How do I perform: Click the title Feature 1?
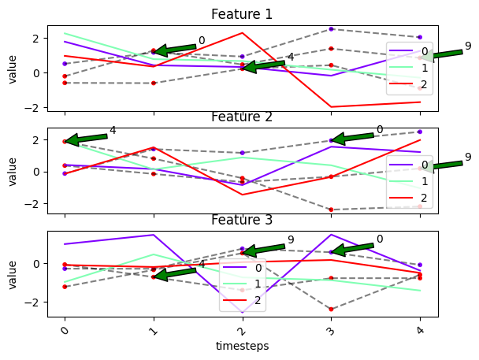pyautogui.click(x=242, y=14)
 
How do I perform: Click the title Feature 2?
pyautogui.click(x=242, y=117)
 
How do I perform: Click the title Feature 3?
pyautogui.click(x=242, y=220)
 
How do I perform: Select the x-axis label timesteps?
pyautogui.click(x=242, y=346)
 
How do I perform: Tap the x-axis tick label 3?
pyautogui.click(x=331, y=331)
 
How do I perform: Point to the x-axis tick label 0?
pyautogui.click(x=65, y=331)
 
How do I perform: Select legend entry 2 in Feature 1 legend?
pyautogui.click(x=408, y=84)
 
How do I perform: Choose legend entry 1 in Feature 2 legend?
pyautogui.click(x=408, y=181)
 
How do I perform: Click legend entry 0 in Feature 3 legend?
pyautogui.click(x=242, y=268)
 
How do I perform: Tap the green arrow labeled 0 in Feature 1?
pyautogui.click(x=175, y=49)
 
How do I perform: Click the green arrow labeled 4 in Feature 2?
pyautogui.click(x=86, y=139)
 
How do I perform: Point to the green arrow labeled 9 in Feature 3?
pyautogui.click(x=264, y=249)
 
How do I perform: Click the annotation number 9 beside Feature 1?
pyautogui.click(x=468, y=46)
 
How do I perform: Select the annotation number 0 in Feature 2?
pyautogui.click(x=380, y=129)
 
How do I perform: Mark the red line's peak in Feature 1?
pyautogui.click(x=243, y=32)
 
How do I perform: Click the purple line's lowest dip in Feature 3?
pyautogui.click(x=243, y=313)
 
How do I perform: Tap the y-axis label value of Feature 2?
pyautogui.click(x=13, y=172)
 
